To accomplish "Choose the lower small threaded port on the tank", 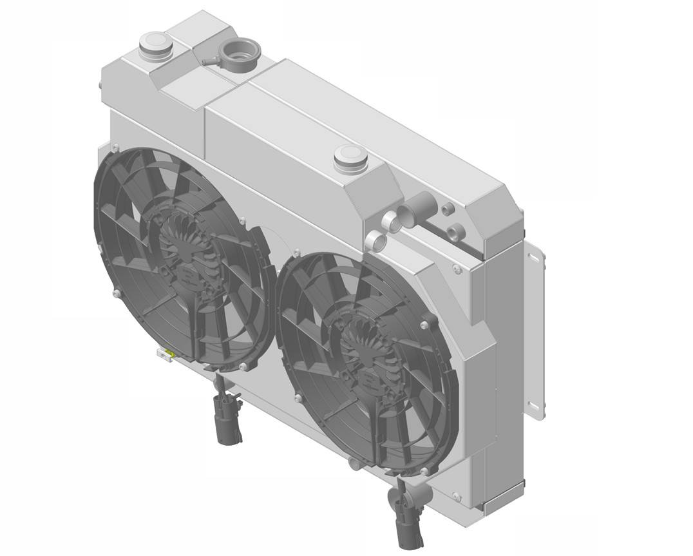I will (456, 231).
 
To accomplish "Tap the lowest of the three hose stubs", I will (376, 242).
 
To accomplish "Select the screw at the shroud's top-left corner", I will (115, 148).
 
